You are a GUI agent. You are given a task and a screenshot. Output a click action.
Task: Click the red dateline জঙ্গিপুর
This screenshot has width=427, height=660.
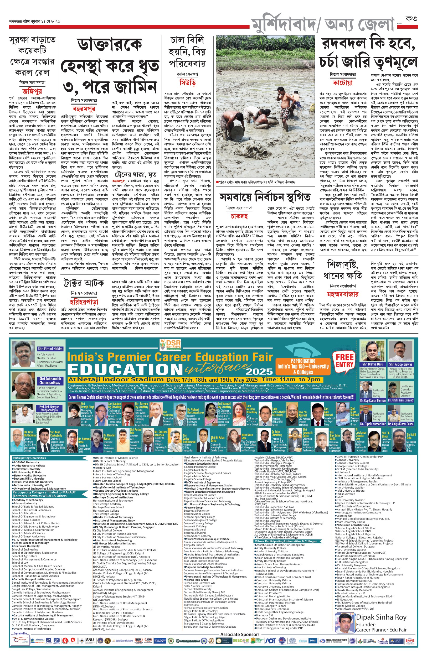32,91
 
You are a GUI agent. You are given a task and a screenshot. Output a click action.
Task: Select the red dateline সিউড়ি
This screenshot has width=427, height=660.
187,82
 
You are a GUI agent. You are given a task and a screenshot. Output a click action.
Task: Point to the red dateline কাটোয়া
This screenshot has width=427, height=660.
343,83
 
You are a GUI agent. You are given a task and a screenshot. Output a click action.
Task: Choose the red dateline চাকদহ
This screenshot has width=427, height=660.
239,216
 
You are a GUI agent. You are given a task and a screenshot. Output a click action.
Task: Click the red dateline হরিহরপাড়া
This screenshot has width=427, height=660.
84,302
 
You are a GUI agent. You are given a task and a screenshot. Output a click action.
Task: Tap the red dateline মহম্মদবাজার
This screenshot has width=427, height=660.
343,294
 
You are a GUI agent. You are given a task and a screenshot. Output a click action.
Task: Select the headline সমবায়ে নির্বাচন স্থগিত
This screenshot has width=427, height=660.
265,197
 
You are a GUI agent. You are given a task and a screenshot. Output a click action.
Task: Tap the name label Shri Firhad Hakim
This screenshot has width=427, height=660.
50,349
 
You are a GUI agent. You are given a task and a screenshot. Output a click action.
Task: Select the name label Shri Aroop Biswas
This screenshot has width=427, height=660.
400,364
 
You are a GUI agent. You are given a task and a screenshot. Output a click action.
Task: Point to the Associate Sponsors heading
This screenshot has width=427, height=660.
240,635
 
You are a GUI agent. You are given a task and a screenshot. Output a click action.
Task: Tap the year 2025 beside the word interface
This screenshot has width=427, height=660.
259,372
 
